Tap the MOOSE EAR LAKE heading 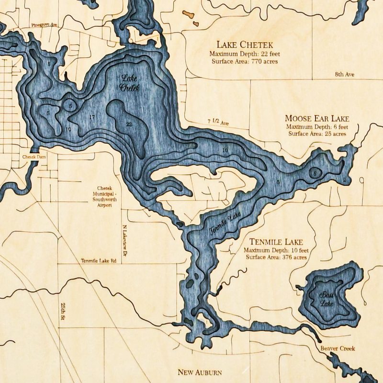[317, 118]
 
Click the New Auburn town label [200, 372]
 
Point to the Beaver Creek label [338, 349]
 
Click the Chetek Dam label [33, 157]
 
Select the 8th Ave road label [344, 75]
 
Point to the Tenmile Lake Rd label [98, 261]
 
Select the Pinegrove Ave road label [44, 24]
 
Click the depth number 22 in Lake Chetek [129, 124]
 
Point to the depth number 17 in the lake [92, 117]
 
